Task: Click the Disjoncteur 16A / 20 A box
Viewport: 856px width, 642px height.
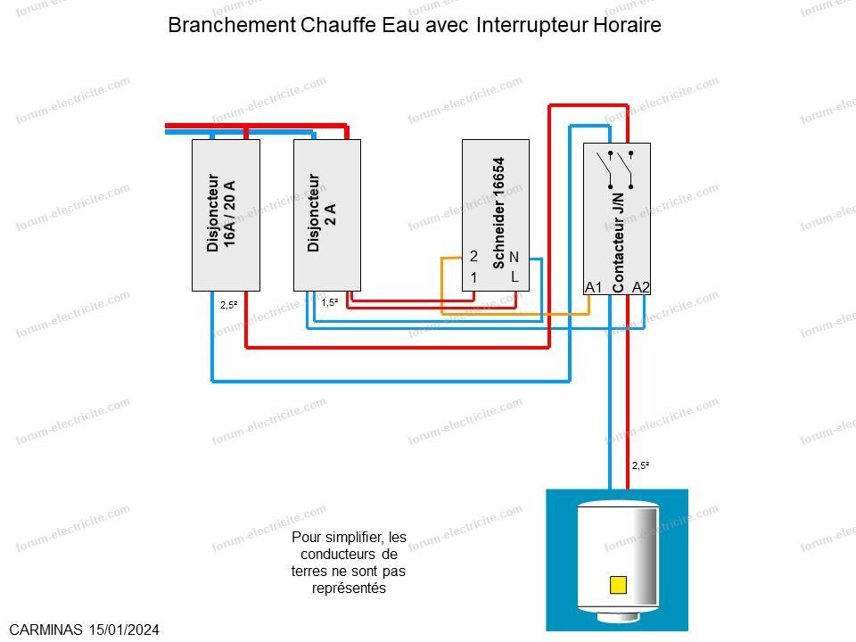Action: click(x=226, y=215)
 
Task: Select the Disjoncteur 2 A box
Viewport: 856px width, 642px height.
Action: click(x=327, y=215)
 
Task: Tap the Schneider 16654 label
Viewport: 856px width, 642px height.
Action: click(x=498, y=213)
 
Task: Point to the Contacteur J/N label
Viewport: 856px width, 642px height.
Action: click(x=617, y=243)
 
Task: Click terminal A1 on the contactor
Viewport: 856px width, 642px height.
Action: click(x=594, y=287)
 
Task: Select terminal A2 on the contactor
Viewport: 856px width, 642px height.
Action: click(x=641, y=287)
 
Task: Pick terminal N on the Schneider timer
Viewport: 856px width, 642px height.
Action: click(x=514, y=257)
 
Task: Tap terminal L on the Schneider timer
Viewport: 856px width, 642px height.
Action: click(x=514, y=276)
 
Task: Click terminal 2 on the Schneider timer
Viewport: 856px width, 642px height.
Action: click(x=473, y=256)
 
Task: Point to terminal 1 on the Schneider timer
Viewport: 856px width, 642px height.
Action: click(x=473, y=277)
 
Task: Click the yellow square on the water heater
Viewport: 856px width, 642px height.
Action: click(x=618, y=585)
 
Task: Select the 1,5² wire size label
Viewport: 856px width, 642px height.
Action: click(x=330, y=302)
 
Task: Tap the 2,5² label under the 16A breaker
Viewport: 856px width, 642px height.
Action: click(x=229, y=305)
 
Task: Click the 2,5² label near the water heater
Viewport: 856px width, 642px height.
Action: click(x=641, y=465)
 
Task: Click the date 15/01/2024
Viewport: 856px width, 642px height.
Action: click(x=125, y=630)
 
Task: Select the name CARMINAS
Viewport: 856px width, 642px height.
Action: click(x=45, y=630)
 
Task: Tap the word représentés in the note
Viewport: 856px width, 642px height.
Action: click(x=349, y=588)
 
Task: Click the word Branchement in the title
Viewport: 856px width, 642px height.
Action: click(x=232, y=25)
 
